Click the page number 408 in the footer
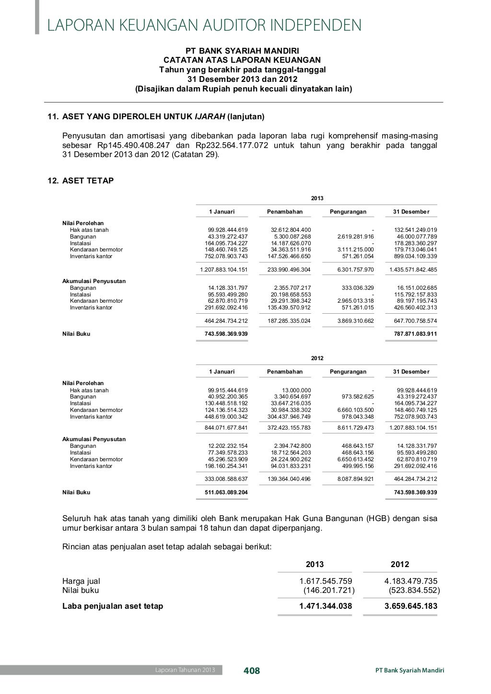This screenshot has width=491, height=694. (x=252, y=671)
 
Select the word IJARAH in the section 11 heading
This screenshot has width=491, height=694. (x=210, y=116)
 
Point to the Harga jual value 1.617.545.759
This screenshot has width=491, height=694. (x=326, y=581)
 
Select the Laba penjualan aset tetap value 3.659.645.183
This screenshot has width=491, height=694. (x=411, y=606)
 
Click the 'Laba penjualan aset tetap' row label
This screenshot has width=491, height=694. (x=113, y=606)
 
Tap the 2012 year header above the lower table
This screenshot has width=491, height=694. (x=317, y=358)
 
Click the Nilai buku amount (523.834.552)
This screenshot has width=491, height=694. (x=414, y=590)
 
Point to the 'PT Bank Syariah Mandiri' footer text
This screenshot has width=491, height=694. (x=410, y=670)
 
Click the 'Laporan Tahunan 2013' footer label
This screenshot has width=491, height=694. (x=185, y=670)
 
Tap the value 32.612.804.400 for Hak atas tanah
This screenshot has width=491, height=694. (x=291, y=230)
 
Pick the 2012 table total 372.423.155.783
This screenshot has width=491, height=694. (x=289, y=428)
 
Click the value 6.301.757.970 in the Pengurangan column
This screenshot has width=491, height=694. (x=355, y=270)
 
